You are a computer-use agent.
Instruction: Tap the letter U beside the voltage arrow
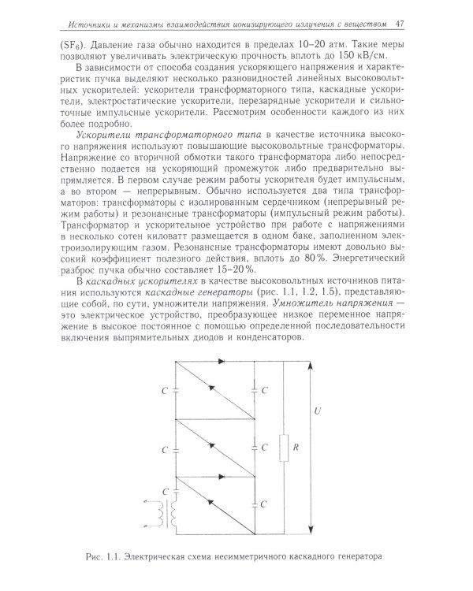coord(317,411)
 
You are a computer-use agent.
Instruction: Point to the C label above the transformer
coord(162,491)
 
